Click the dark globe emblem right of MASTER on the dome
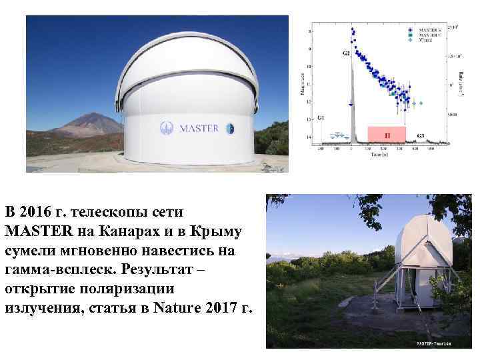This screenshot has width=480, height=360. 229,127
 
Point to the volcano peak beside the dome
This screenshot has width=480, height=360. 90,115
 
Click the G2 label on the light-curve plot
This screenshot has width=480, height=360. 345,53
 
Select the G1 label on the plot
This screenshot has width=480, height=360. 321,118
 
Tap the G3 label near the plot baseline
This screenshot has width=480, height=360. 420,136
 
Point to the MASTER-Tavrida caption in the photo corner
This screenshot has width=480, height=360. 434,344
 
